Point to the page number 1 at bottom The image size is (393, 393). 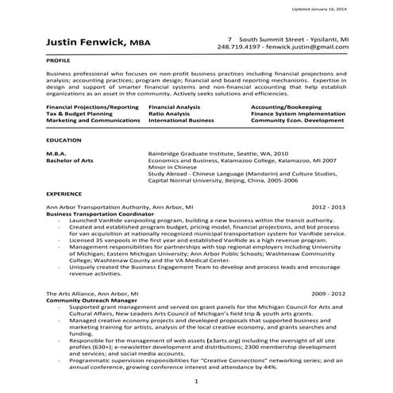[x=195, y=383]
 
